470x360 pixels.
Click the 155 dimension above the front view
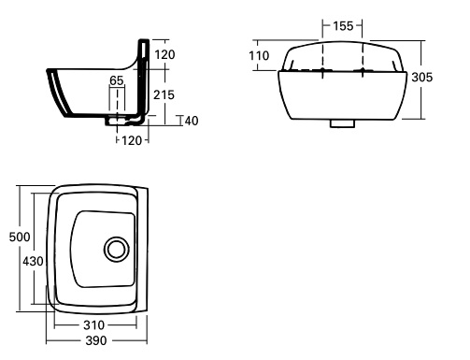coord(343,26)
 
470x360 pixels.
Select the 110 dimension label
coord(259,56)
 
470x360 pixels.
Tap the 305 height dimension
coord(422,78)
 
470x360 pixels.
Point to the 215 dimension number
coord(164,94)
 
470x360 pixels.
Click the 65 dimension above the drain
coord(117,80)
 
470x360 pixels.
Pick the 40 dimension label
coord(192,121)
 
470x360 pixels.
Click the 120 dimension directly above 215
coord(164,55)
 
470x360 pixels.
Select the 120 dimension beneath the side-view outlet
coord(132,140)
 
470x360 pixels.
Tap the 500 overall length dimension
coord(20,237)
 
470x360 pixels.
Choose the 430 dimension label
coord(33,261)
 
